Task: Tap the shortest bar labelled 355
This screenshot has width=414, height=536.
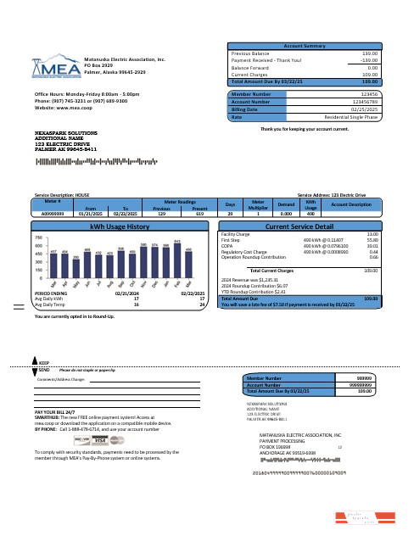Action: click(x=76, y=266)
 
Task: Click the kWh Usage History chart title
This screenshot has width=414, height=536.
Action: click(x=119, y=227)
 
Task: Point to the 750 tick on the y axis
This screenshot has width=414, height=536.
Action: click(x=40, y=238)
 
